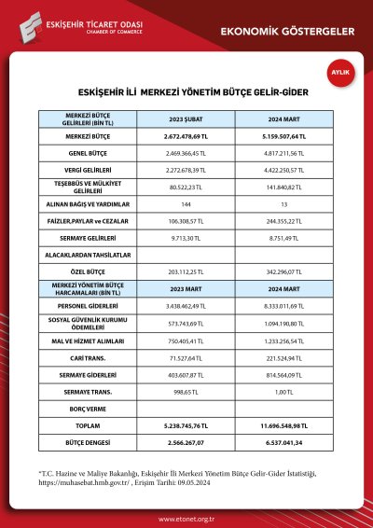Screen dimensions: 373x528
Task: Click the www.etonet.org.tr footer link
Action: pyautogui.click(x=186, y=520)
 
